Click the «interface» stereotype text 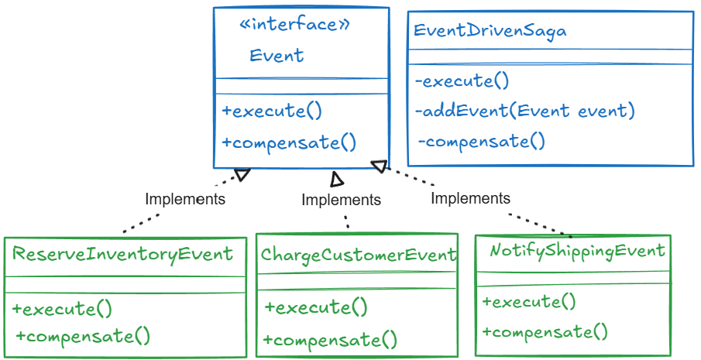click(x=294, y=25)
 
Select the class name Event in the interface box click(x=277, y=56)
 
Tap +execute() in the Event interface click(x=271, y=111)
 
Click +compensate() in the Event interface click(x=289, y=142)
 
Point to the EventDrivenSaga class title click(x=490, y=31)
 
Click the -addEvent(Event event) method click(x=525, y=111)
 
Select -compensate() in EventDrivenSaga click(x=482, y=142)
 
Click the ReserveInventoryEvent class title click(x=122, y=254)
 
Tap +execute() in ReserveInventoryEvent click(x=62, y=309)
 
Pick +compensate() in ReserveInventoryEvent click(x=82, y=336)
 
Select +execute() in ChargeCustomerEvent click(x=316, y=307)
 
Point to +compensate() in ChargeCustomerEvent click(x=330, y=339)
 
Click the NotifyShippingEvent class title click(x=577, y=251)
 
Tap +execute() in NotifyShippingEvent click(x=529, y=302)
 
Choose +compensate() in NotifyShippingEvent click(x=545, y=332)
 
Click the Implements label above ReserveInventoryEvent click(x=185, y=199)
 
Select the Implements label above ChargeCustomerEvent click(x=341, y=200)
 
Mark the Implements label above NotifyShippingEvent click(x=470, y=198)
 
